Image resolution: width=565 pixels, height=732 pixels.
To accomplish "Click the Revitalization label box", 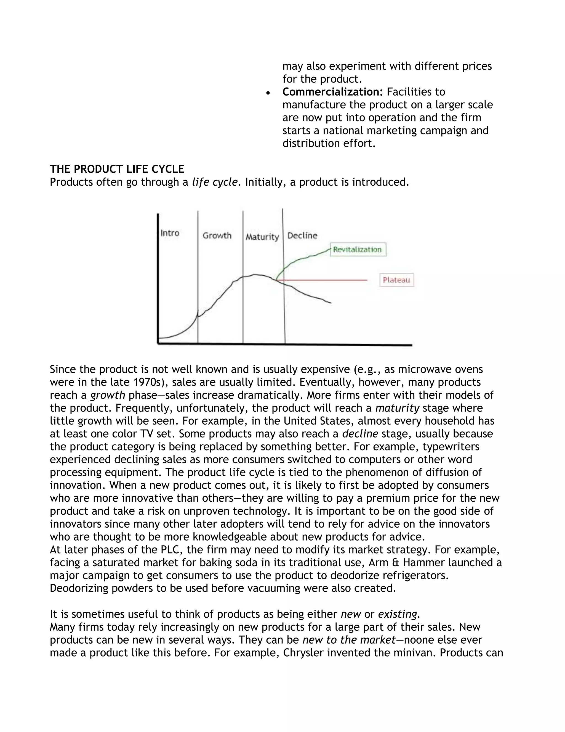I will [x=358, y=249].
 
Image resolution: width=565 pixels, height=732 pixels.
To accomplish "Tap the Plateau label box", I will [x=396, y=280].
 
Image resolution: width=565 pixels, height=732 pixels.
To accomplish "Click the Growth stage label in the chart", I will [x=217, y=235].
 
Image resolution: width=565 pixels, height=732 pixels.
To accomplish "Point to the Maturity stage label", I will [x=262, y=237].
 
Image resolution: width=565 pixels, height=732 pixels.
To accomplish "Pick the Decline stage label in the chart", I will [x=302, y=235].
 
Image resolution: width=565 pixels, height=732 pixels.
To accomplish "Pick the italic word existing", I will [x=397, y=614].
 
